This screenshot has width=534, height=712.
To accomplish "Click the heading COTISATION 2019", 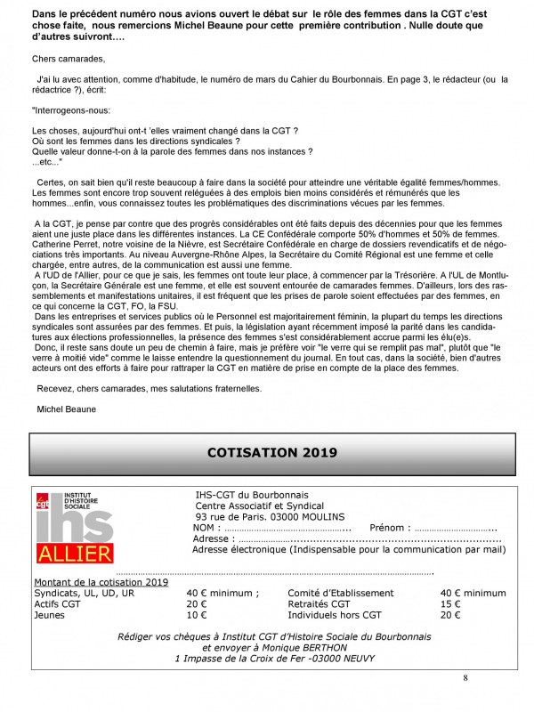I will (266, 452).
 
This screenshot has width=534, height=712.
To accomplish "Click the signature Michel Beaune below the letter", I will (68, 409).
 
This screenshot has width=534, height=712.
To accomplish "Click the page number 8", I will (465, 678).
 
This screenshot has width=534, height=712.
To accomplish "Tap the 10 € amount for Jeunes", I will (196, 615).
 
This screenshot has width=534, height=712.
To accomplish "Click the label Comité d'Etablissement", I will (341, 593).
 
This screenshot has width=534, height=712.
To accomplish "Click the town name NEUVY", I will (353, 659).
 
